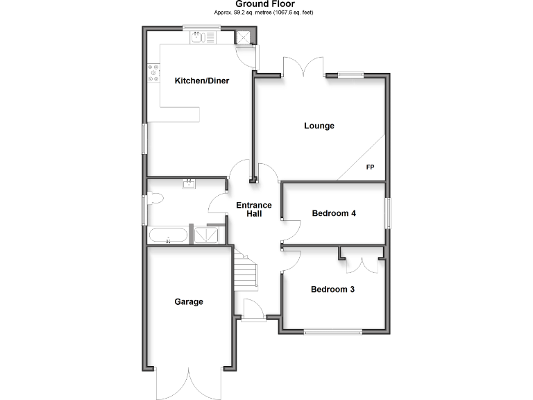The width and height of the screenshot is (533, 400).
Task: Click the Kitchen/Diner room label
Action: pyautogui.click(x=201, y=81)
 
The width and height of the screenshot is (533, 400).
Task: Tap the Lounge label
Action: pyautogui.click(x=319, y=126)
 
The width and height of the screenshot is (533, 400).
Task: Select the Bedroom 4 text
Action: pyautogui.click(x=334, y=213)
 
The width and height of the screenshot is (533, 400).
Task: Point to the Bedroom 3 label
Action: pyautogui.click(x=332, y=289)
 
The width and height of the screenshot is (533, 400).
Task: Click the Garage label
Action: pyautogui.click(x=189, y=301)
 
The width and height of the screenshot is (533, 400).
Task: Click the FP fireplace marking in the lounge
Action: pyautogui.click(x=370, y=168)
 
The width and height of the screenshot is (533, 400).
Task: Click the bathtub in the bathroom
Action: pyautogui.click(x=167, y=235)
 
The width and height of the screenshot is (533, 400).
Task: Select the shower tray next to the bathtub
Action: pyautogui.click(x=206, y=235)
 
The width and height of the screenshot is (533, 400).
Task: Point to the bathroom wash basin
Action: pyautogui.click(x=189, y=184)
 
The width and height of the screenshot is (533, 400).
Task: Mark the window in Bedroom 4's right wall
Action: pyautogui.click(x=388, y=212)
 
